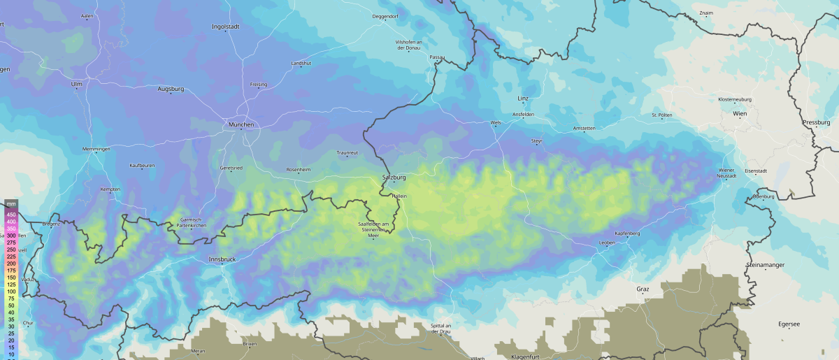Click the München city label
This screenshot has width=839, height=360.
click(241, 124)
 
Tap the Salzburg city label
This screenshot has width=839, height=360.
click(394, 178)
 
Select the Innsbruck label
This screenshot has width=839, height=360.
click(222, 259)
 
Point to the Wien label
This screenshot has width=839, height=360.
click(740, 113)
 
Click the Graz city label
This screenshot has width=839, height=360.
click(643, 289)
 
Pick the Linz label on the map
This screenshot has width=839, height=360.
click(523, 99)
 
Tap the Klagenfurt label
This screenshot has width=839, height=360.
click(527, 357)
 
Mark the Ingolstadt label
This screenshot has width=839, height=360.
click(226, 27)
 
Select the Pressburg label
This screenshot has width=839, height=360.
click(816, 122)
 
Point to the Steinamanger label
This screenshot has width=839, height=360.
click(767, 265)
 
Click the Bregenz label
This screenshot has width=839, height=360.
click(51, 224)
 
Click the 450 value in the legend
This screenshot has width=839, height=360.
click(11, 215)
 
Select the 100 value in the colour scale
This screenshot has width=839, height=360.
click(11, 291)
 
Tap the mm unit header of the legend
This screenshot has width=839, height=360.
click(10, 203)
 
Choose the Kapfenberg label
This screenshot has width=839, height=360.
click(627, 233)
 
